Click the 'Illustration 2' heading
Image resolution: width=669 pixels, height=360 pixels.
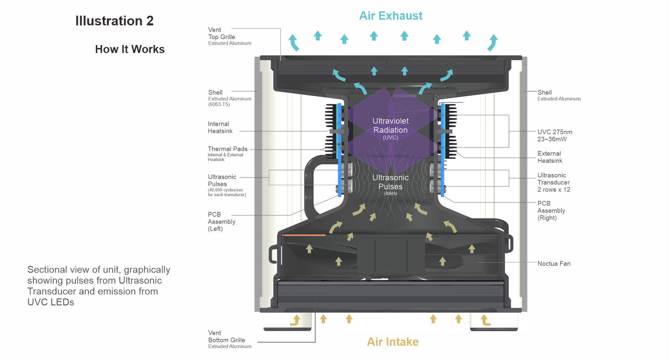pyautogui.click(x=114, y=21)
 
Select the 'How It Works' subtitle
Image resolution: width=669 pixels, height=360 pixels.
pyautogui.click(x=130, y=49)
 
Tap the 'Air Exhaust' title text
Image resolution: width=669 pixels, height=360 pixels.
pyautogui.click(x=391, y=16)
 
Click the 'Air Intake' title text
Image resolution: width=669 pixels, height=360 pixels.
pyautogui.click(x=393, y=342)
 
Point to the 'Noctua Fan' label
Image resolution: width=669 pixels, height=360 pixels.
pyautogui.click(x=554, y=264)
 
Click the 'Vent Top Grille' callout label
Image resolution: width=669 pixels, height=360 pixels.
pyautogui.click(x=222, y=33)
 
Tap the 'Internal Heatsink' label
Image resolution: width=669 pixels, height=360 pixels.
pyautogui.click(x=219, y=127)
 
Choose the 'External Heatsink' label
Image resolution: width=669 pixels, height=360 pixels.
pyautogui.click(x=549, y=157)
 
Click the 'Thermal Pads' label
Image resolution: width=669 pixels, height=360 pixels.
pyautogui.click(x=227, y=149)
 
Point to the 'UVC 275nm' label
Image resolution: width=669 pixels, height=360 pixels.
pyautogui.click(x=555, y=132)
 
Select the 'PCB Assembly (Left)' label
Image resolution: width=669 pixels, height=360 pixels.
pyautogui.click(x=221, y=221)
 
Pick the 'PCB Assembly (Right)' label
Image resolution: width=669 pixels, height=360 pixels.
pyautogui.click(x=551, y=210)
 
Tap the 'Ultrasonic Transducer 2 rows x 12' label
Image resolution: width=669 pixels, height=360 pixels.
pyautogui.click(x=553, y=183)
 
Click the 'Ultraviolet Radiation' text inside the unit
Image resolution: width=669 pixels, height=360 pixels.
pyautogui.click(x=390, y=126)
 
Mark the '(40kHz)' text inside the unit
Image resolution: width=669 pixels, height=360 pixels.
pyautogui.click(x=390, y=193)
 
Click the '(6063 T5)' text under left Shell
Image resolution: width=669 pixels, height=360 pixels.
pyautogui.click(x=219, y=105)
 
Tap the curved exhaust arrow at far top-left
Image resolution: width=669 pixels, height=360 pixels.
pyautogui.click(x=294, y=42)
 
